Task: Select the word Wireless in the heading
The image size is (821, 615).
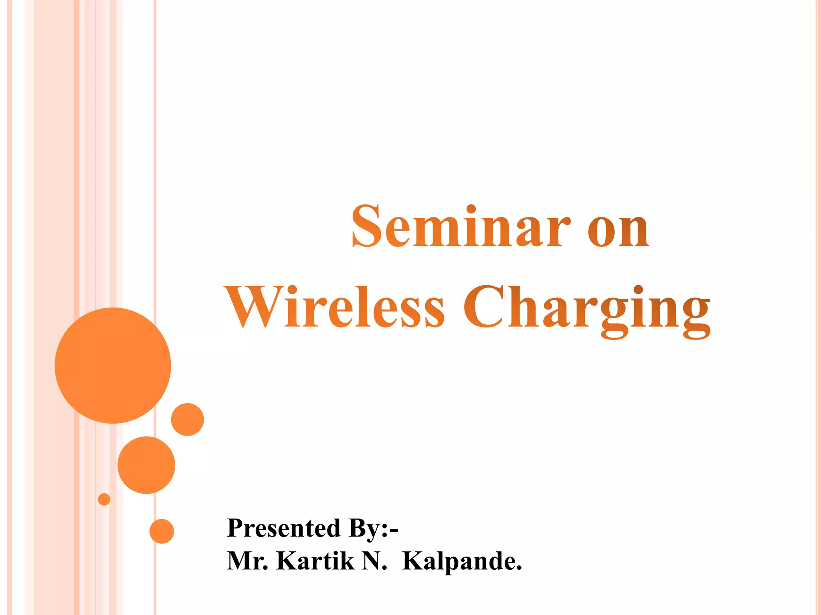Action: pos(335,307)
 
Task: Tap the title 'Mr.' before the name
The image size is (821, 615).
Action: pos(247,561)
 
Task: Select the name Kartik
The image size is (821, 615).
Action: pos(315,561)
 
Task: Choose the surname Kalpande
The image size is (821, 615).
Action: pos(462,561)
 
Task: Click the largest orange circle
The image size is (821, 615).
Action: pos(113,365)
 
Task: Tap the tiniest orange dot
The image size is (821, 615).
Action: pos(104,499)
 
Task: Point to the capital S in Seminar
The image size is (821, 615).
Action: pos(366,226)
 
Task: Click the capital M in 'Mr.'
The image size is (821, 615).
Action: pos(241,561)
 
